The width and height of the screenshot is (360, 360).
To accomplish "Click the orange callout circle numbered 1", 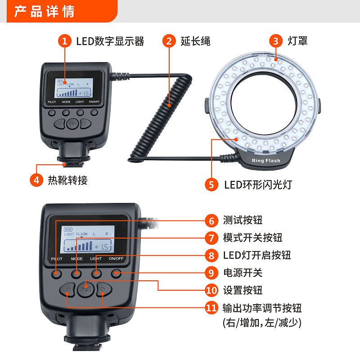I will tap(65, 41).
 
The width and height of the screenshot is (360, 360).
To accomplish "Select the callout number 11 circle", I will tap(211, 308).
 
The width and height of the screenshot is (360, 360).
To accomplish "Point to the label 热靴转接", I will tap(67, 180).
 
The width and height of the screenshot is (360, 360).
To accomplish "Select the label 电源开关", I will tap(243, 273).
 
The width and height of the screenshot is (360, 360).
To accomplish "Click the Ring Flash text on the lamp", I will tap(266, 161).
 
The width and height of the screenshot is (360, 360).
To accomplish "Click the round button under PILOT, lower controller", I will tap(57, 273).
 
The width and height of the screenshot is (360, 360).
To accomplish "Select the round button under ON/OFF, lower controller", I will tap(116, 273).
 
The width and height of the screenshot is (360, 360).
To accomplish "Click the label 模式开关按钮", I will tap(252, 238).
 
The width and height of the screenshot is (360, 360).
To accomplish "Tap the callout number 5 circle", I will tap(211, 184).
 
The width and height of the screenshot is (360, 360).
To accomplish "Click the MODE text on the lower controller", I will tap(76, 259).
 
